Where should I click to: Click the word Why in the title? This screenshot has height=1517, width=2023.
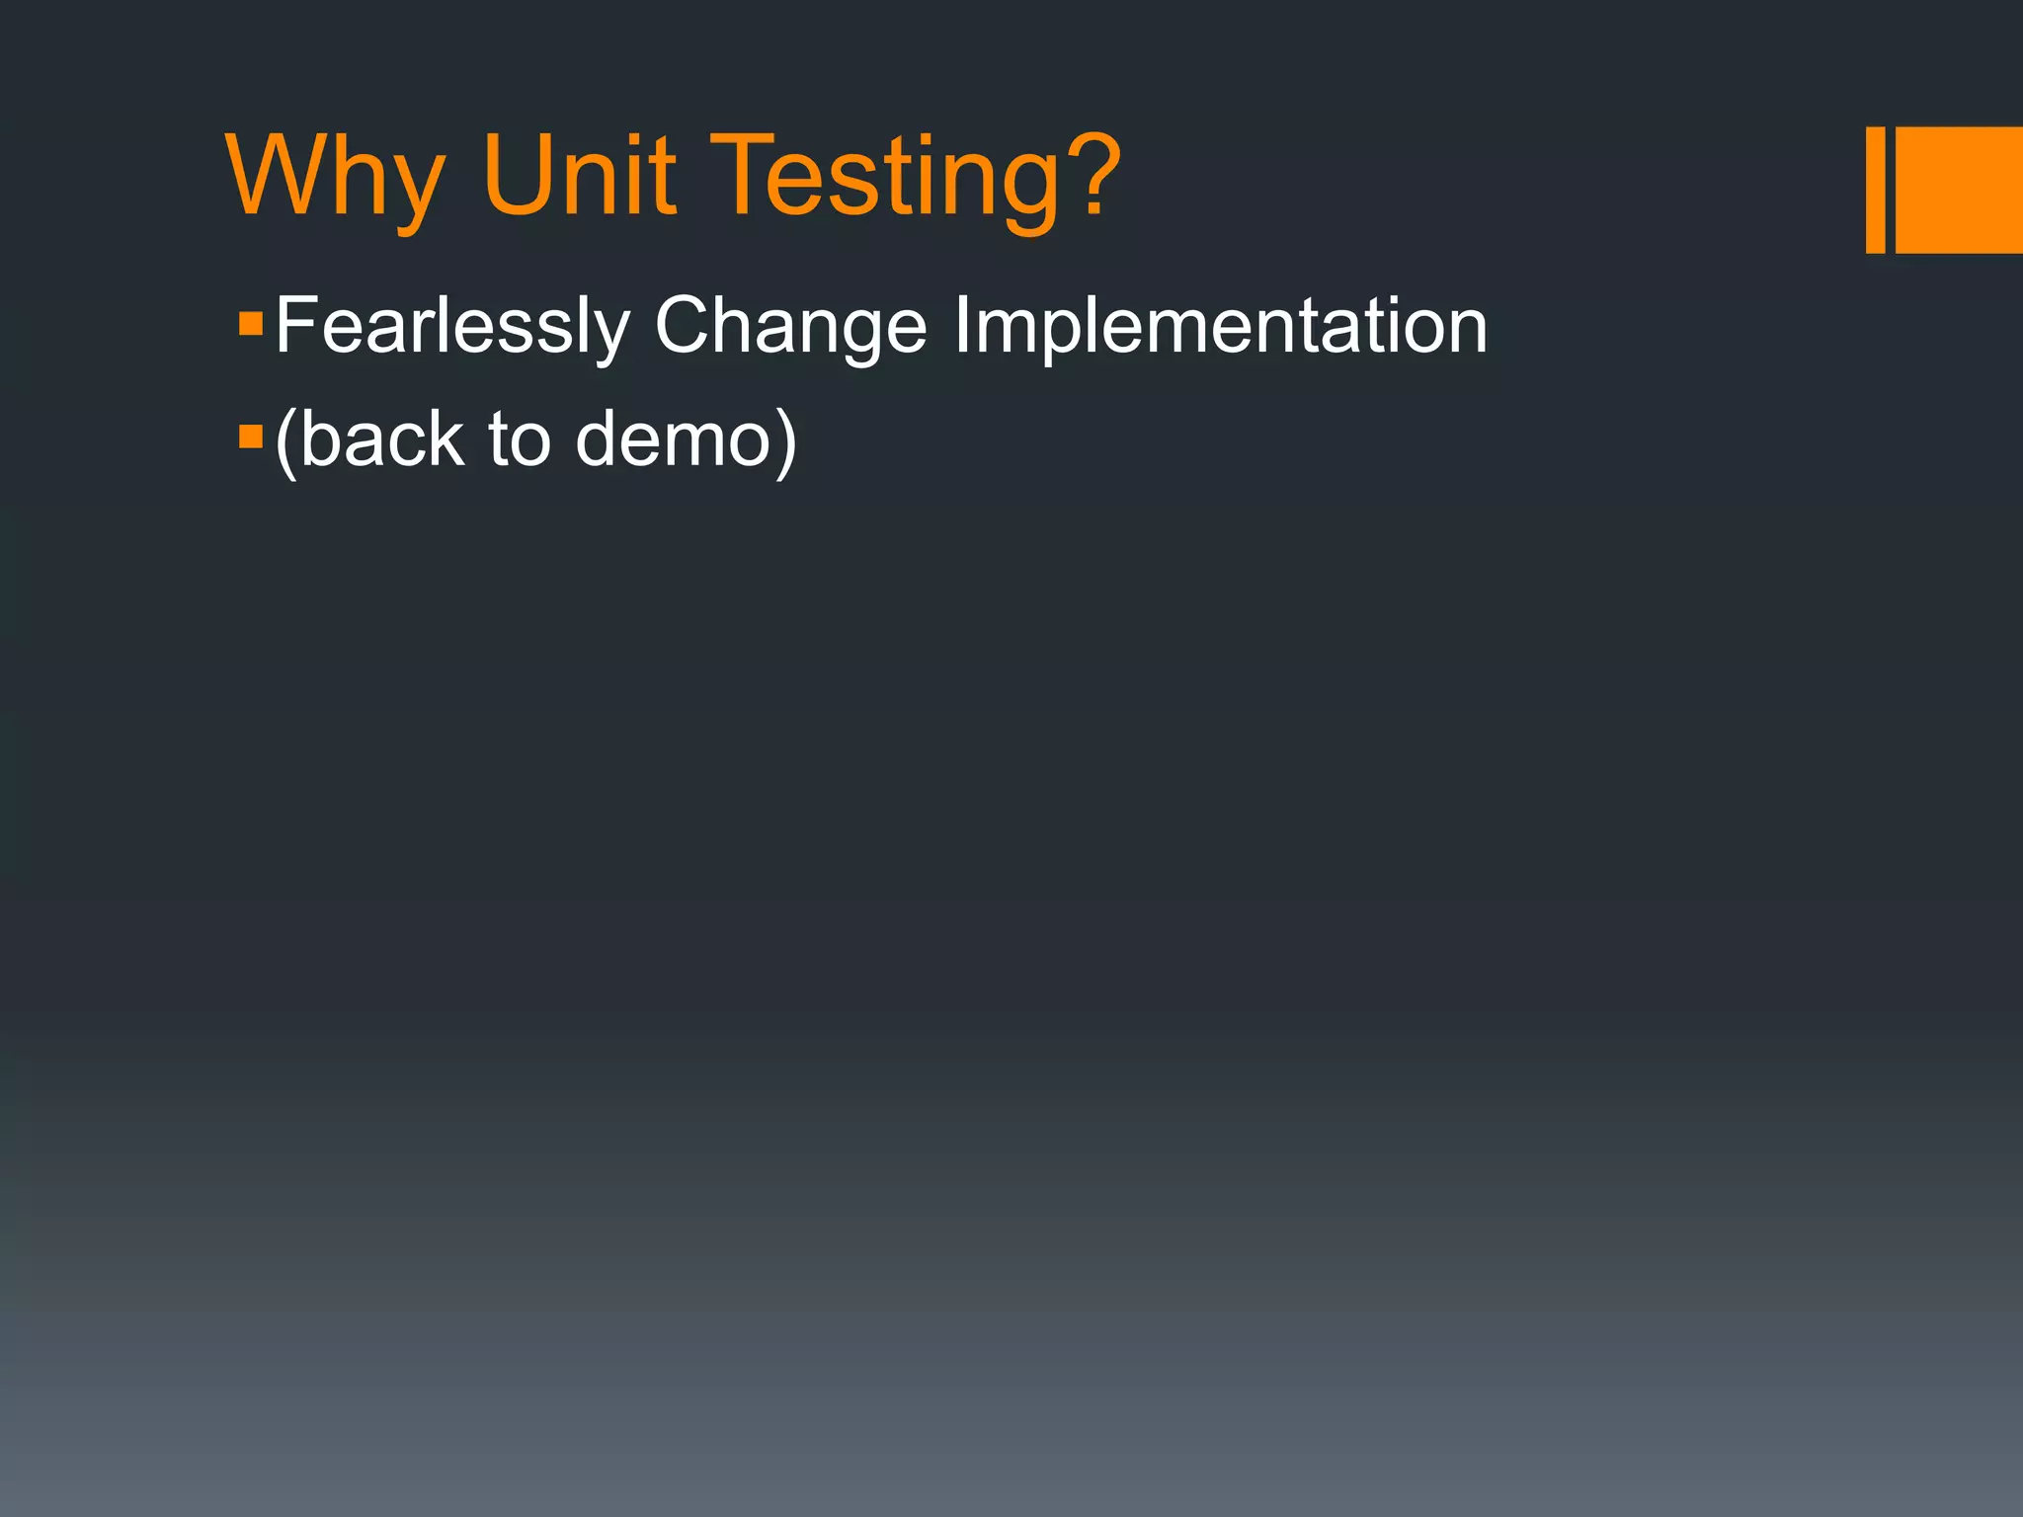[336, 178]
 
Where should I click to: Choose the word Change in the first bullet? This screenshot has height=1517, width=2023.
[790, 327]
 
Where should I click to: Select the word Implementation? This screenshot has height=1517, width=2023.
[1220, 327]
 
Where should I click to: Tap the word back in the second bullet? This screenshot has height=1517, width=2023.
[381, 439]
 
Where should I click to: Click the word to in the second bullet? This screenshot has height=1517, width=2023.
[520, 440]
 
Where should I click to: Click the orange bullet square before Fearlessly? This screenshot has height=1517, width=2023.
[251, 323]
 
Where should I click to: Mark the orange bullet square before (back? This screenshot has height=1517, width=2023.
[251, 436]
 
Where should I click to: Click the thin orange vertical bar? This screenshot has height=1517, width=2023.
[1875, 190]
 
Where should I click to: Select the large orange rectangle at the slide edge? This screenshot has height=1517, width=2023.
[1959, 190]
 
